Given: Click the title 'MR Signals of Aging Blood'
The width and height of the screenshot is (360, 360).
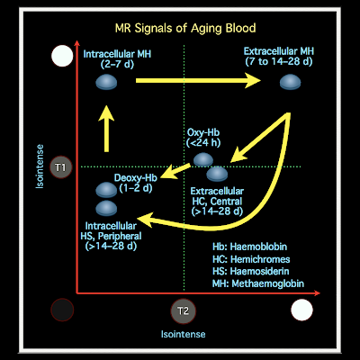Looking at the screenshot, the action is (x=185, y=28).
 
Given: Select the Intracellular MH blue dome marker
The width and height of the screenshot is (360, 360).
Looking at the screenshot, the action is (x=106, y=82).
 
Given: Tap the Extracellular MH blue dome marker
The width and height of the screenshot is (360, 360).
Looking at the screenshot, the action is (x=290, y=82).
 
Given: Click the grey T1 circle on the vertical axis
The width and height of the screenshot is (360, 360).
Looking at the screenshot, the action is (x=61, y=167).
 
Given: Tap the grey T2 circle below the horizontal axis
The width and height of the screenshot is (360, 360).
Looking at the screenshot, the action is (x=183, y=310).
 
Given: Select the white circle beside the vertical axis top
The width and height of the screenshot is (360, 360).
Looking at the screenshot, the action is (x=62, y=56).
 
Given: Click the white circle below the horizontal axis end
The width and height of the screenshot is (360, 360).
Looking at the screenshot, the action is (x=301, y=310).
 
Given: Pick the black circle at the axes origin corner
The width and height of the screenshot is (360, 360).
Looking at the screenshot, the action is (x=62, y=310).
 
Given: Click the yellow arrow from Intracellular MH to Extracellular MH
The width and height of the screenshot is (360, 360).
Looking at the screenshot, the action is (x=198, y=80).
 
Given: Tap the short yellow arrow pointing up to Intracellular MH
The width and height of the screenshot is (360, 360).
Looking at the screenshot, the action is (x=106, y=129).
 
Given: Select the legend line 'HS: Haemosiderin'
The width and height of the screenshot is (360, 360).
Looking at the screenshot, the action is (x=251, y=271).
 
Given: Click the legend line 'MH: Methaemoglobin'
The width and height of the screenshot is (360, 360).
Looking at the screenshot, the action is (x=258, y=283).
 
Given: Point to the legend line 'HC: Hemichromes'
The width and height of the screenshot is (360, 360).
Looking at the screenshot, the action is (x=251, y=259).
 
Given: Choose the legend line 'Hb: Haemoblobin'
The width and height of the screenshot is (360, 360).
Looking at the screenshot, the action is (x=250, y=247).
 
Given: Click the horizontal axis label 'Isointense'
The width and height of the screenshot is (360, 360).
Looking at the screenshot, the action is (x=184, y=334).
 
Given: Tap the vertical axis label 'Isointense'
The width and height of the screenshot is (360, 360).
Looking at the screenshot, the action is (x=40, y=166).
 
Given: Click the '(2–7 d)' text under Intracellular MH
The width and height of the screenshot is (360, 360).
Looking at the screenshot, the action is (x=117, y=64).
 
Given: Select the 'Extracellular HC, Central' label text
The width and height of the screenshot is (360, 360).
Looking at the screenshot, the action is (x=217, y=196).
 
